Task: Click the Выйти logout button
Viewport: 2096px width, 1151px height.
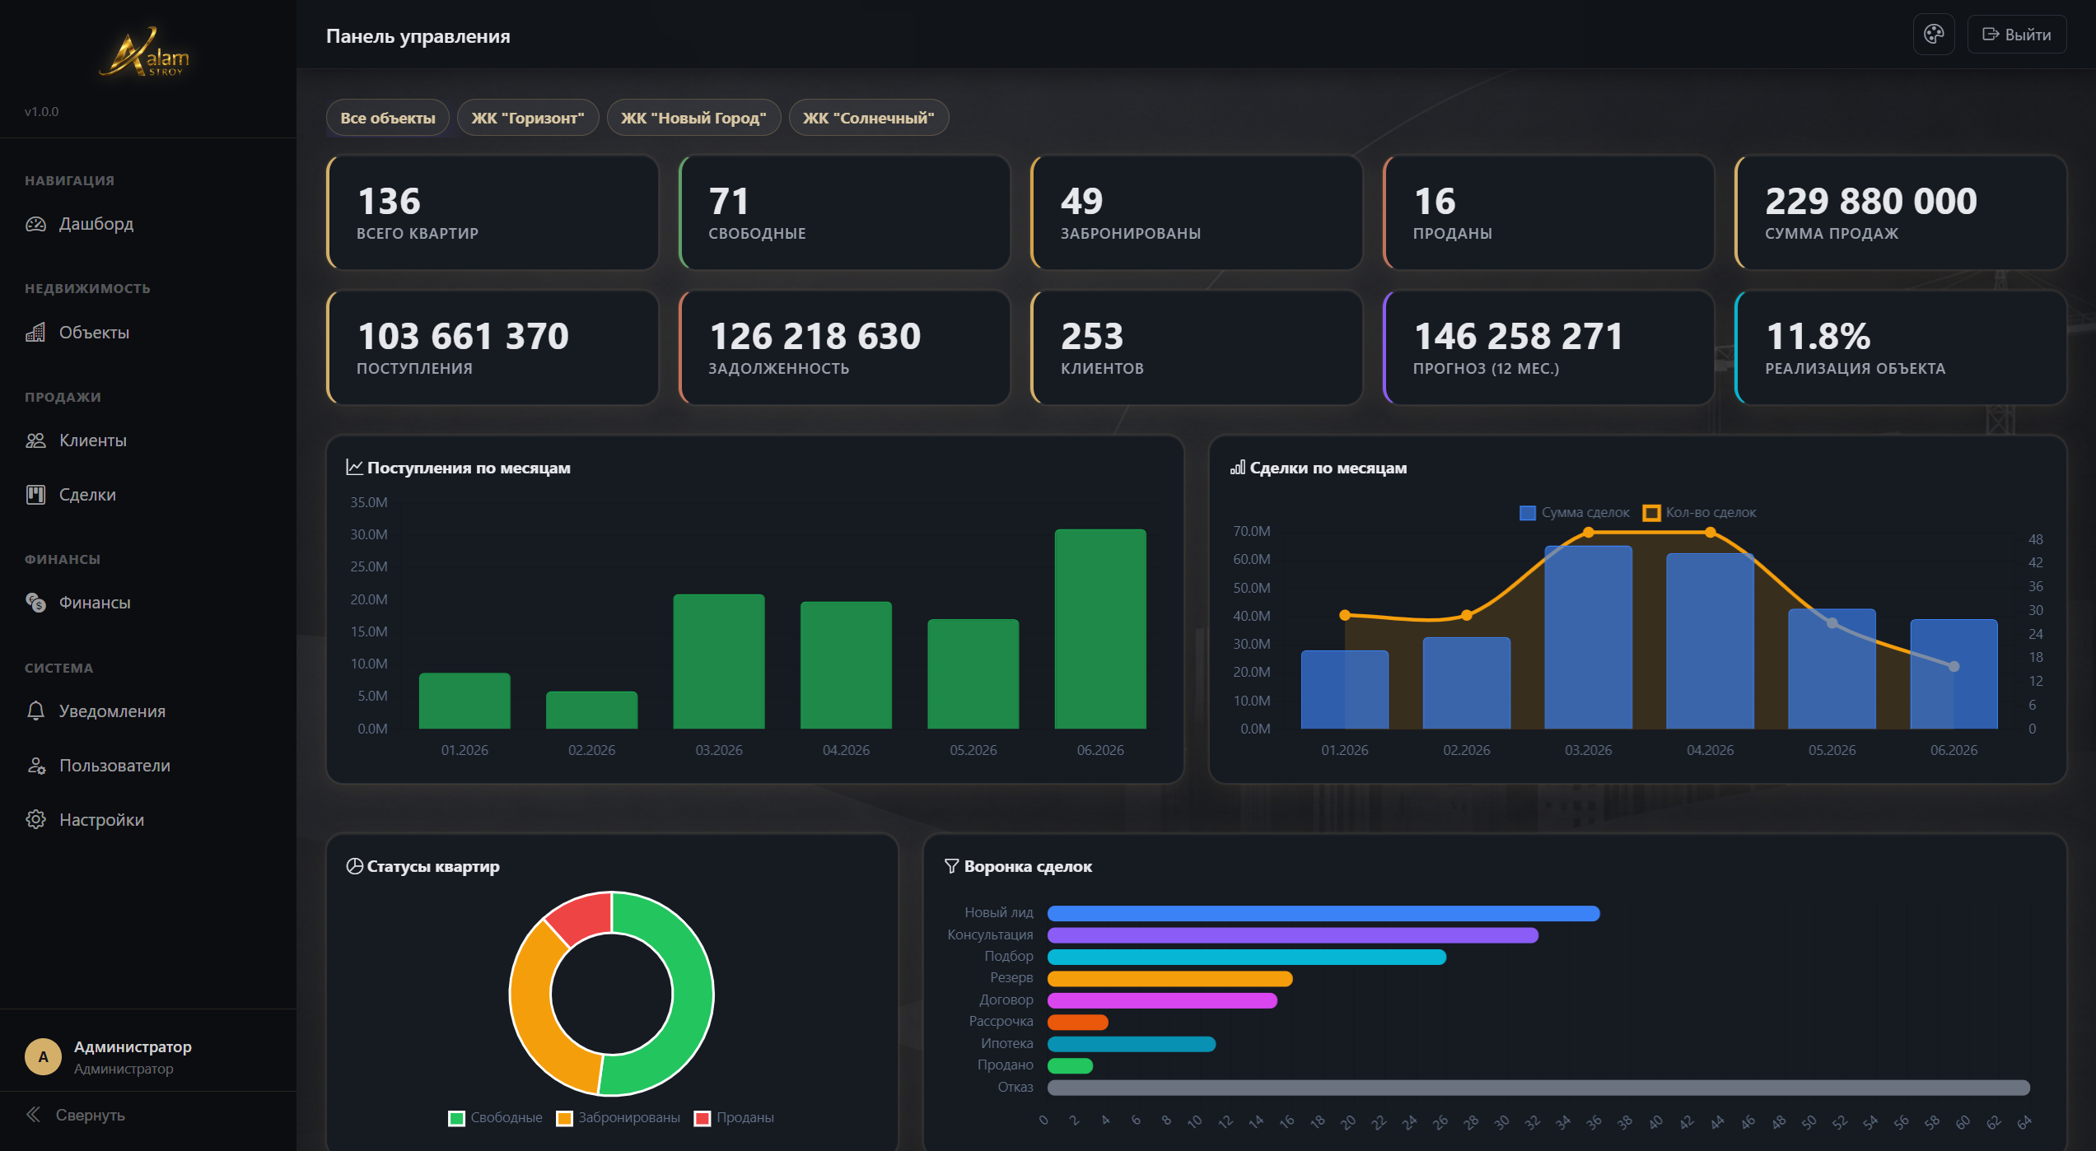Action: [2016, 35]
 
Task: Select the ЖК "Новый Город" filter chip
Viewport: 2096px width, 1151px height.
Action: [693, 118]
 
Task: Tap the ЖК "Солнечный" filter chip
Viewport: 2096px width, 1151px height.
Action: [869, 118]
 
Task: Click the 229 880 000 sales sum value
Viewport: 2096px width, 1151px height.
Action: [1871, 201]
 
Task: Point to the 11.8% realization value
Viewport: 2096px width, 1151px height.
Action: [1818, 336]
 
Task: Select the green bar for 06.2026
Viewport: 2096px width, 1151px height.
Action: [1100, 629]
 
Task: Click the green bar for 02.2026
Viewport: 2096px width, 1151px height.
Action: [591, 710]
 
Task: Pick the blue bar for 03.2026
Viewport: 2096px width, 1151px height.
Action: [1588, 637]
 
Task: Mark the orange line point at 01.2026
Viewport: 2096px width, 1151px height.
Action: [1345, 615]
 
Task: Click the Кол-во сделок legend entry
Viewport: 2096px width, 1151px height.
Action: [1700, 513]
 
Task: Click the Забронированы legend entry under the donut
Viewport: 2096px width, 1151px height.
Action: [619, 1118]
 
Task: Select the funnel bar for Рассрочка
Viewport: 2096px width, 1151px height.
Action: [1077, 1023]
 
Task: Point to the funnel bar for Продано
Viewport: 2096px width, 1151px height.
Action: [1070, 1066]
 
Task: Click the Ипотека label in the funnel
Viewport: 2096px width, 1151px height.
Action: [1006, 1043]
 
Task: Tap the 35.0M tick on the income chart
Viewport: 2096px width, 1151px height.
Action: [368, 502]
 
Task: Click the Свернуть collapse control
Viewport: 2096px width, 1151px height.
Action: [75, 1115]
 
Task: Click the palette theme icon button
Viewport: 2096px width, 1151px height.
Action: [1934, 35]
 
